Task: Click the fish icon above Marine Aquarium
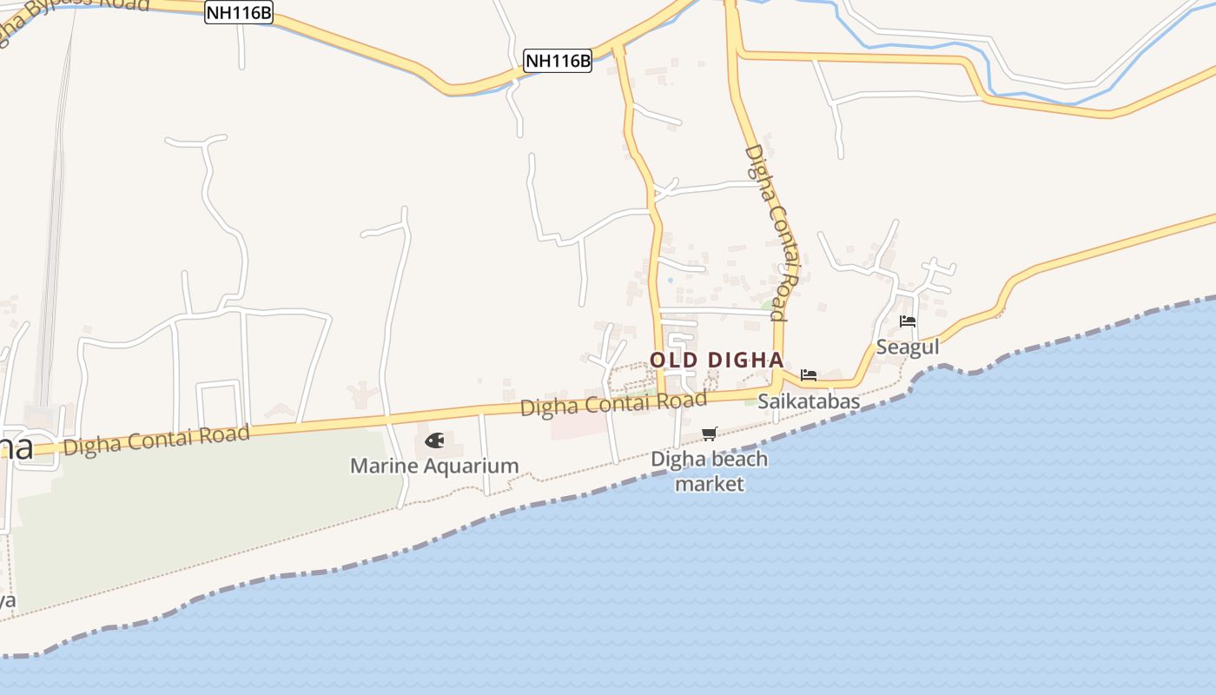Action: pos(434,441)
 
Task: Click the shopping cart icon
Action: pos(710,434)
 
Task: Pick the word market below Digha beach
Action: pos(710,484)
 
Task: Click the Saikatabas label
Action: pos(808,401)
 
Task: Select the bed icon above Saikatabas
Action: pos(809,375)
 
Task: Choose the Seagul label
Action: pos(908,347)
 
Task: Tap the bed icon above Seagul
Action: pos(908,321)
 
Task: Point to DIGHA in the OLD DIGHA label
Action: pos(745,360)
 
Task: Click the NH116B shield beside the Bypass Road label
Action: pos(238,12)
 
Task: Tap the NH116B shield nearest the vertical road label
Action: pos(558,61)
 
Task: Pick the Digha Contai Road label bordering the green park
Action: pos(156,440)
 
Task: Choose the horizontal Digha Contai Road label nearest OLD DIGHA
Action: pos(613,404)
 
